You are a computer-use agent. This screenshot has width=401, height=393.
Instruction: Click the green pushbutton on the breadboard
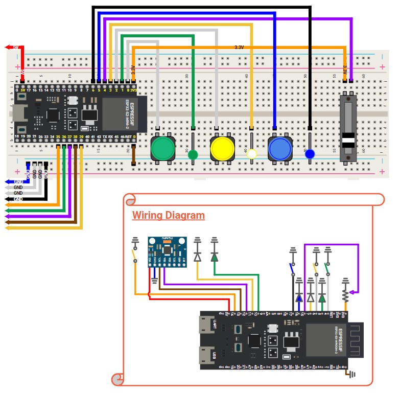coord(163,148)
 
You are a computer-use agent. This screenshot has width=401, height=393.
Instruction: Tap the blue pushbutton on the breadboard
coord(280,148)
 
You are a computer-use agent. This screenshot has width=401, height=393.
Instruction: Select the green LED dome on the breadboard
coord(193,154)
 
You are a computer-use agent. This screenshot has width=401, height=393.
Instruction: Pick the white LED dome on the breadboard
coord(252,154)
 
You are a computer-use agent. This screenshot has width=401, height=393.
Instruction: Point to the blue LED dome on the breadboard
coord(310,153)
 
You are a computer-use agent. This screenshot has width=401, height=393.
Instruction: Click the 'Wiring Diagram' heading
coord(168,216)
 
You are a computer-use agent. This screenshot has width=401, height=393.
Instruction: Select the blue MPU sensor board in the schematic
coord(167,251)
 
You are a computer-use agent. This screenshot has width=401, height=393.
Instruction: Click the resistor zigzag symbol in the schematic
coord(346,295)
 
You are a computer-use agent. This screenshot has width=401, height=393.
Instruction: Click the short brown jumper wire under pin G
coord(133,156)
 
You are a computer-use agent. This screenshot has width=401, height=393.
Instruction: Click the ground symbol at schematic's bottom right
coord(351,374)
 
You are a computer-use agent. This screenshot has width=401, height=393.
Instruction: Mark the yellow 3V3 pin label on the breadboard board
coord(133,90)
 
